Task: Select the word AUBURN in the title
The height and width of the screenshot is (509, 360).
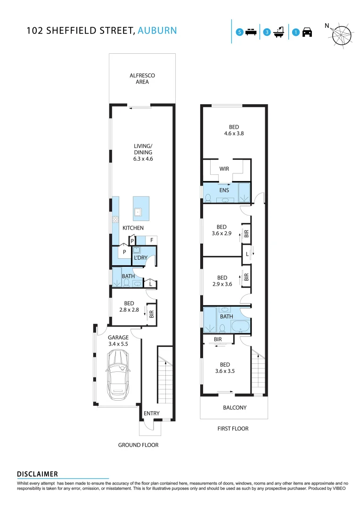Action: coord(157,31)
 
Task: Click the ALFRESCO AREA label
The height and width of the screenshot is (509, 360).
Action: coord(142,79)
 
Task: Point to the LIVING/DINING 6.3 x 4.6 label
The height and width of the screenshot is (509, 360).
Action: coord(143,153)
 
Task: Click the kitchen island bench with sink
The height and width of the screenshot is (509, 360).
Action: coord(141,208)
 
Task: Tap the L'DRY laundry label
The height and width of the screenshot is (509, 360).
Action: coord(140,258)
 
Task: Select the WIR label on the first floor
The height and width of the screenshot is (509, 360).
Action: coord(224,168)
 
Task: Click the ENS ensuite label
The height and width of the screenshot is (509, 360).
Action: coord(224,190)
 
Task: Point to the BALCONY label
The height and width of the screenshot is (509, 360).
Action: coord(235,408)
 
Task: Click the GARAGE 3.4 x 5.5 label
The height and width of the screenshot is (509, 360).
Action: coord(118,341)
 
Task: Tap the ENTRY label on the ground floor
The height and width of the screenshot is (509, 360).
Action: coord(152,413)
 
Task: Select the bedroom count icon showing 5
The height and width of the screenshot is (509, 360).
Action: coord(246,33)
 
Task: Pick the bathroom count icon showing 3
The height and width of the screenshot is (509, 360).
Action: coord(274,33)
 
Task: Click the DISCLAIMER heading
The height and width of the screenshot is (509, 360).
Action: coord(37,474)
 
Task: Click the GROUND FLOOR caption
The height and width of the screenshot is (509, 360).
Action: coord(138,445)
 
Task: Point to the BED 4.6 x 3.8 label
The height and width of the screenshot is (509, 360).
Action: coord(234,130)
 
